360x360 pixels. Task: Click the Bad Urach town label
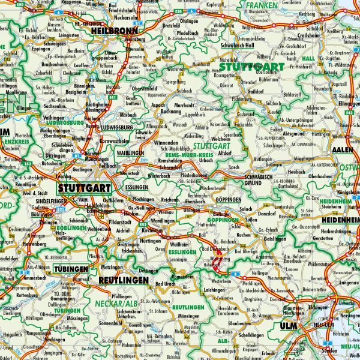(x=166, y=284)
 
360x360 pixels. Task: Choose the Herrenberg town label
(x=19, y=245)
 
